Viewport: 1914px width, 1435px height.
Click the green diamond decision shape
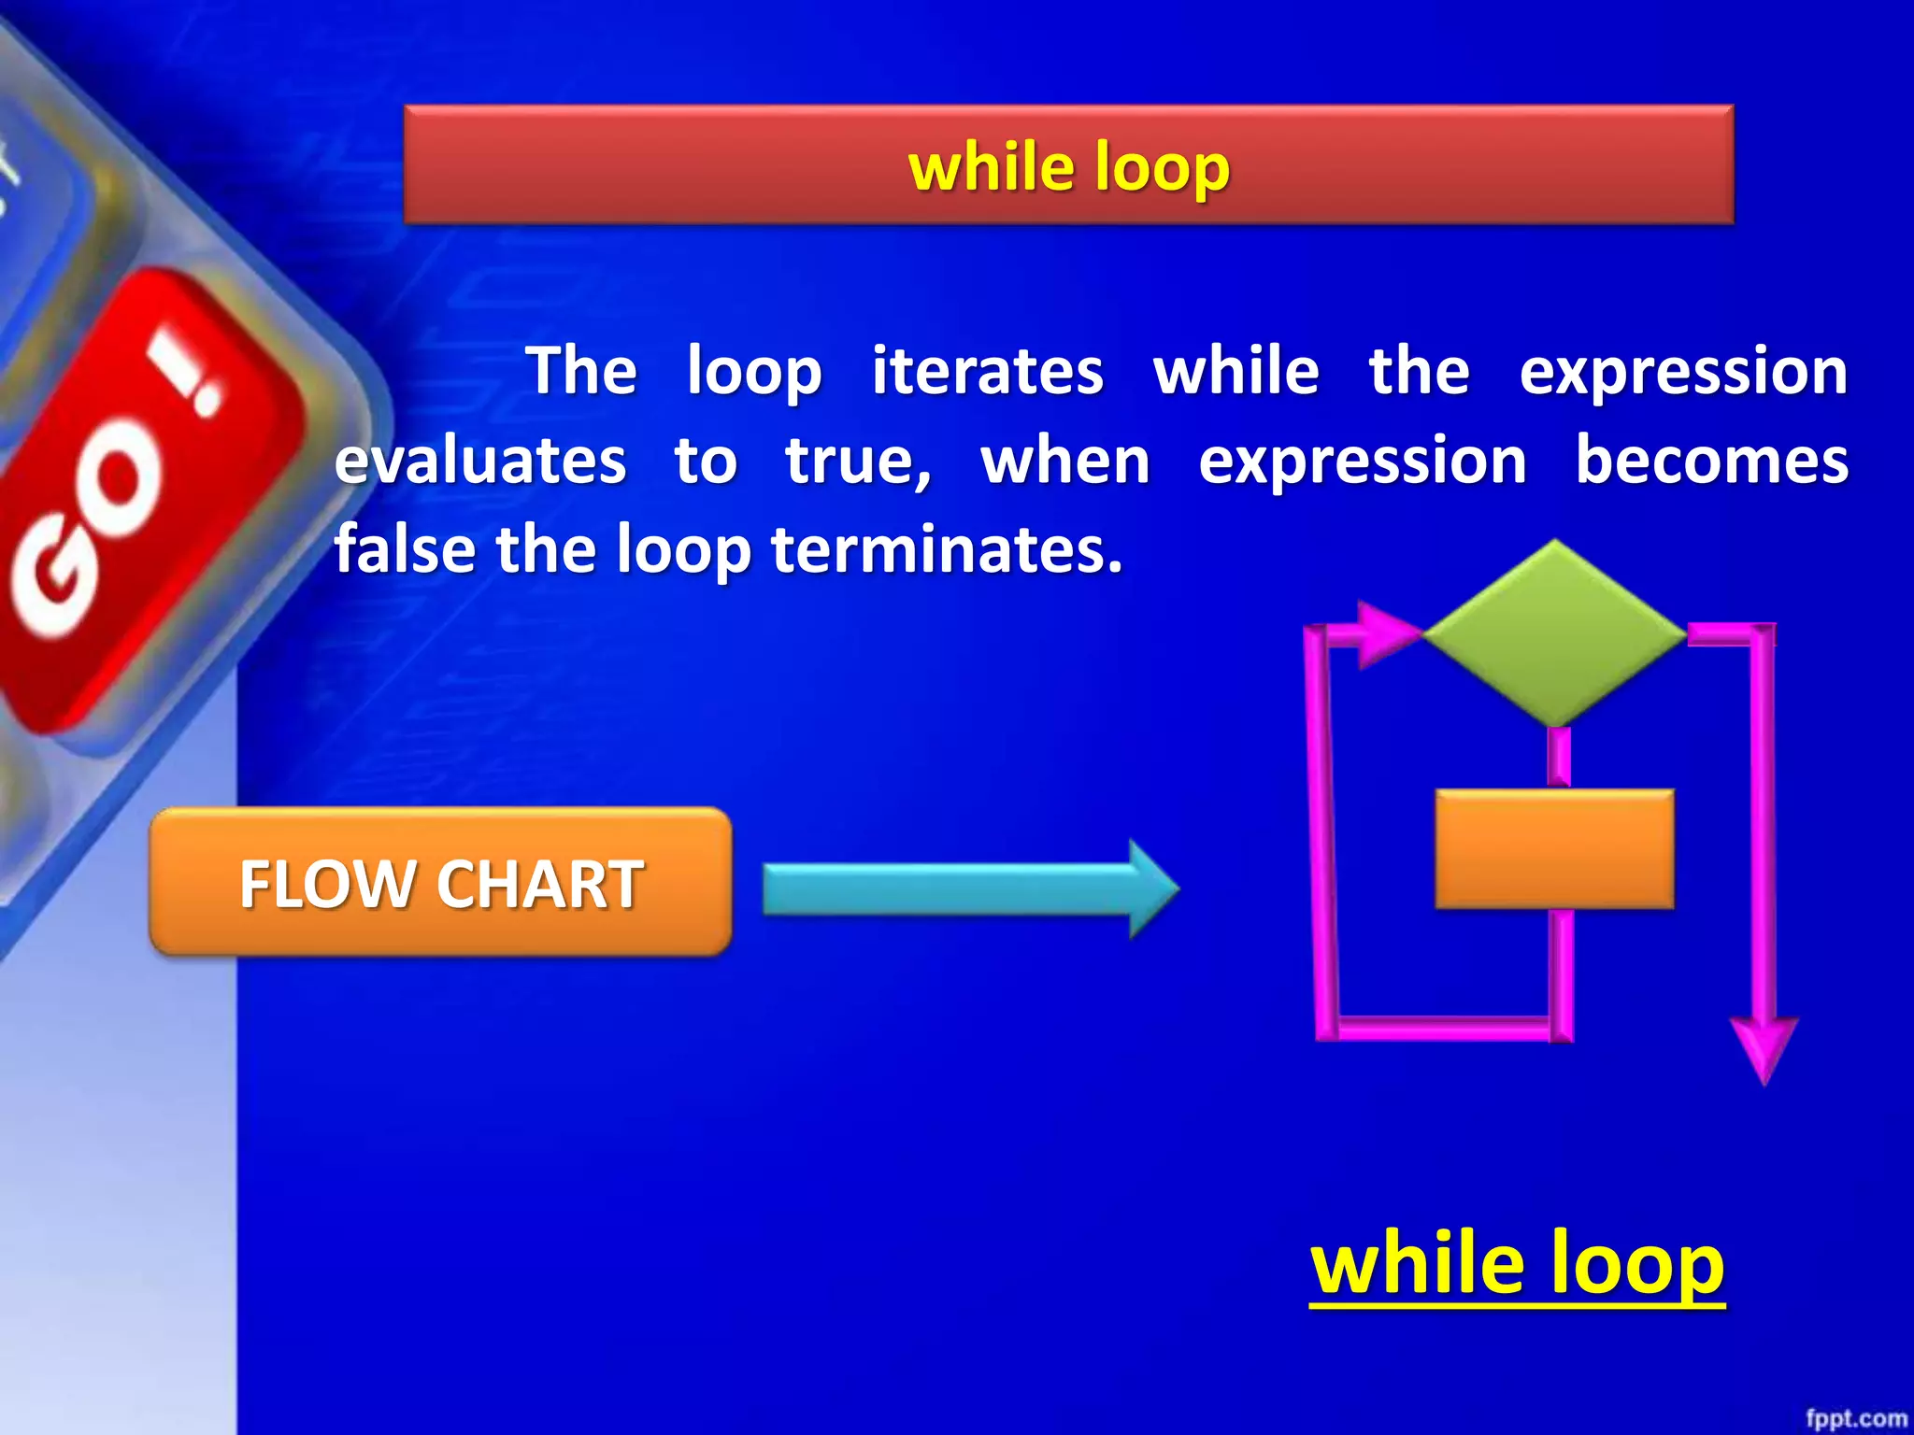pyautogui.click(x=1554, y=632)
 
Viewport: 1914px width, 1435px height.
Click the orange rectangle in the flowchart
pyautogui.click(x=1554, y=848)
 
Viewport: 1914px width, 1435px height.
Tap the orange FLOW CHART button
pyautogui.click(x=440, y=882)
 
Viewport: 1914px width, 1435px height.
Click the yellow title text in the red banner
pyautogui.click(x=1068, y=167)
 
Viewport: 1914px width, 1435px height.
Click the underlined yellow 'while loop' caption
pyautogui.click(x=1516, y=1262)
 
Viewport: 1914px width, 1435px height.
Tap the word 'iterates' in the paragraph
pyautogui.click(x=987, y=371)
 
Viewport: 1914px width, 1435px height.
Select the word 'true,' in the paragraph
pyautogui.click(x=858, y=462)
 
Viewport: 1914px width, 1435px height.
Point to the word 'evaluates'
pyautogui.click(x=480, y=462)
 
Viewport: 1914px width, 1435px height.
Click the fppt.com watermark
pyautogui.click(x=1855, y=1418)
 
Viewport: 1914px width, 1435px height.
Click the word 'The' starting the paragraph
pyautogui.click(x=581, y=371)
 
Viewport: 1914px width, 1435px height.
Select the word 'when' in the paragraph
pyautogui.click(x=1065, y=462)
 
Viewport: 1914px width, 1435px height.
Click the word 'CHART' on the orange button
pyautogui.click(x=539, y=884)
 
